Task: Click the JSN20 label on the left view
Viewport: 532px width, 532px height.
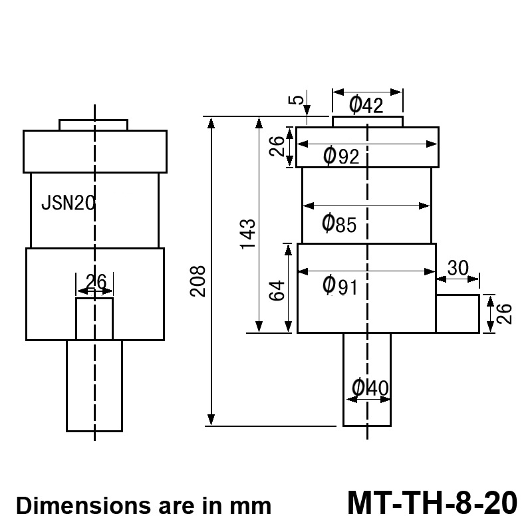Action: click(67, 203)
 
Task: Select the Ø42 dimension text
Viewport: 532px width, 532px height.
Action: click(366, 105)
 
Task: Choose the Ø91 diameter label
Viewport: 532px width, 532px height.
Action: click(340, 286)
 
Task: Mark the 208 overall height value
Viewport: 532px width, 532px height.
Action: click(198, 281)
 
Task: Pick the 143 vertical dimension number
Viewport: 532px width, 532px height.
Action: click(247, 233)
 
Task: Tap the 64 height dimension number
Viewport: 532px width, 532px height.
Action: click(277, 290)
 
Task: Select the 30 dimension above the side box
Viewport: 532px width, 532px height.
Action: click(458, 267)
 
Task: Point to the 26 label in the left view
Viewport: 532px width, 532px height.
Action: click(96, 281)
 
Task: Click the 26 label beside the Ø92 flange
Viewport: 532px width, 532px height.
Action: click(277, 145)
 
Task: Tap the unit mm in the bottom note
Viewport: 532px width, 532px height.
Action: click(252, 506)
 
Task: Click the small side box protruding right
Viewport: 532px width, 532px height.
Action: click(458, 313)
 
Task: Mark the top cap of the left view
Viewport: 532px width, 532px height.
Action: click(93, 125)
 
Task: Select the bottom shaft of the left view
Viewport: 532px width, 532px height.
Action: click(94, 386)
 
